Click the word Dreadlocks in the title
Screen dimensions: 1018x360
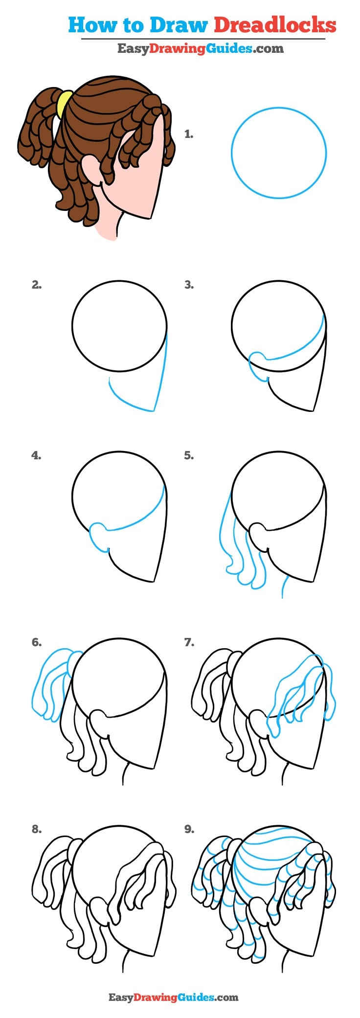[x=275, y=24]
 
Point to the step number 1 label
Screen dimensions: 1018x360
[x=189, y=134]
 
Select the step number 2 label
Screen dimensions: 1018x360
[x=37, y=285]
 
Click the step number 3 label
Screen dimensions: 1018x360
[x=189, y=285]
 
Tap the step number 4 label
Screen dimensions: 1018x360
[x=37, y=455]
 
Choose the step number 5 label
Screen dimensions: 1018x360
[x=189, y=455]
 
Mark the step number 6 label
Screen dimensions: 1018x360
[x=37, y=642]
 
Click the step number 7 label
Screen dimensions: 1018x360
[x=189, y=642]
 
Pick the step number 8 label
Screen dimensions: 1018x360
[x=37, y=829]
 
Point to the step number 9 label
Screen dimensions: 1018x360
[x=189, y=829]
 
